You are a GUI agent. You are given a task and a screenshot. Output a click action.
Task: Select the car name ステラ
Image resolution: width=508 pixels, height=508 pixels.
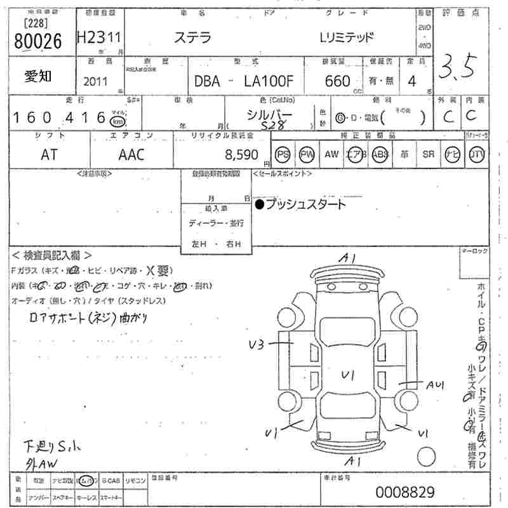click(192, 37)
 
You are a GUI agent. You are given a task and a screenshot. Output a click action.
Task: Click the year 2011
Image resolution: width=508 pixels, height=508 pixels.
click(96, 81)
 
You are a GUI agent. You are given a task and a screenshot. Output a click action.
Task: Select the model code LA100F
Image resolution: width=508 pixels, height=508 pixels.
click(271, 81)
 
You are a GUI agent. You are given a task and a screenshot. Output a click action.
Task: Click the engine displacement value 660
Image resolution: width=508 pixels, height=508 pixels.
click(337, 81)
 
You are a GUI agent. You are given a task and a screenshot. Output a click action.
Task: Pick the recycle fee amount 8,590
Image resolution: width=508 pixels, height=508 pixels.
click(242, 154)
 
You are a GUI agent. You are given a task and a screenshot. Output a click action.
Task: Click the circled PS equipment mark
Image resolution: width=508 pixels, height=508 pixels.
click(283, 154)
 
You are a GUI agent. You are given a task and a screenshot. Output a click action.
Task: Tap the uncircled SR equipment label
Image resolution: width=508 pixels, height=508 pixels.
click(429, 154)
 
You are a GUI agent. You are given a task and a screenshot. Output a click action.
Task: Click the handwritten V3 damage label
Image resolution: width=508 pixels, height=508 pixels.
click(257, 345)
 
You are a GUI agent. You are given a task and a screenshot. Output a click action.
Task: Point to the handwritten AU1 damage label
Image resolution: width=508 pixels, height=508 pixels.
click(435, 384)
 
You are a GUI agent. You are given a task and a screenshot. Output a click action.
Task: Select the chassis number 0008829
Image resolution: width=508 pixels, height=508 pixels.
click(404, 491)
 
